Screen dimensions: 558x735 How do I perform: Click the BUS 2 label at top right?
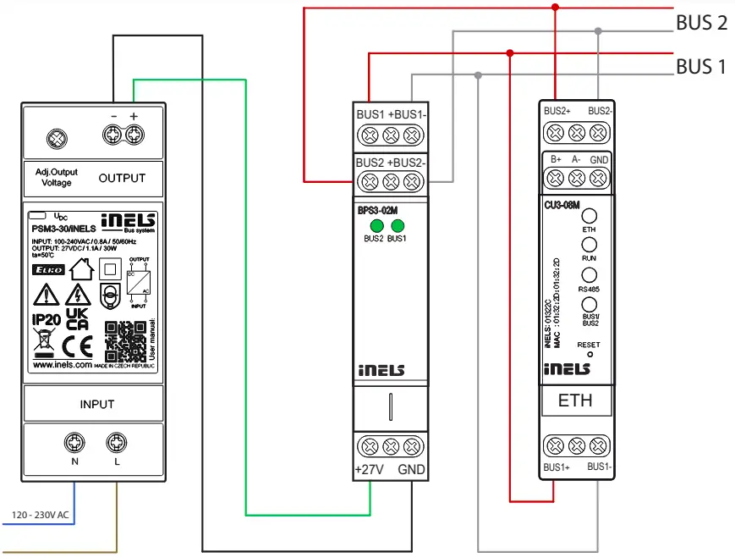coord(701,23)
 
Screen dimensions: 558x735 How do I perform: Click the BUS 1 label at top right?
coord(701,66)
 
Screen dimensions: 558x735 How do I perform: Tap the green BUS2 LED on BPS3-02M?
coord(375,225)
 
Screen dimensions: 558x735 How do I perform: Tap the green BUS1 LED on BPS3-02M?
coord(398,225)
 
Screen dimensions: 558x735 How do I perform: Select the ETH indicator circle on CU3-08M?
coord(590,216)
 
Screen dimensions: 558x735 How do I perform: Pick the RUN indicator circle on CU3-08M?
coord(590,246)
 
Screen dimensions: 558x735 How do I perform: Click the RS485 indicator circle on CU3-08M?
coord(590,275)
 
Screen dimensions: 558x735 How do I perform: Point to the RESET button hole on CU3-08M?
coord(590,354)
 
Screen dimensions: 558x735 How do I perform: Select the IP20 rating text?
coord(46,320)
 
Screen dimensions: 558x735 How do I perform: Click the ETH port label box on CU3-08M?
coord(575,401)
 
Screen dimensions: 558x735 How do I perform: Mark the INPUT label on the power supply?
coord(96,404)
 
